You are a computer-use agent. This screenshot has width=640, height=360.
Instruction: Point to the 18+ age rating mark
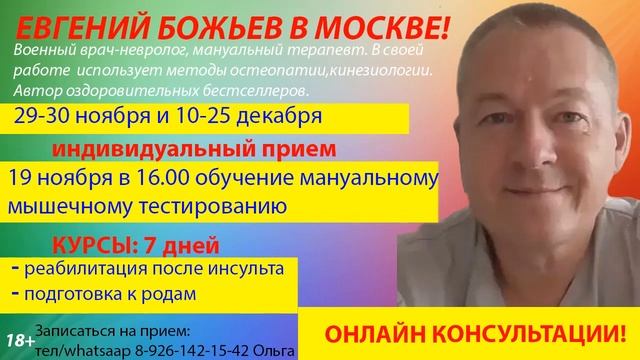[x=15, y=341]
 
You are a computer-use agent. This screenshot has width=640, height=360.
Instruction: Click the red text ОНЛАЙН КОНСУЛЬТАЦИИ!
[x=478, y=328]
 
